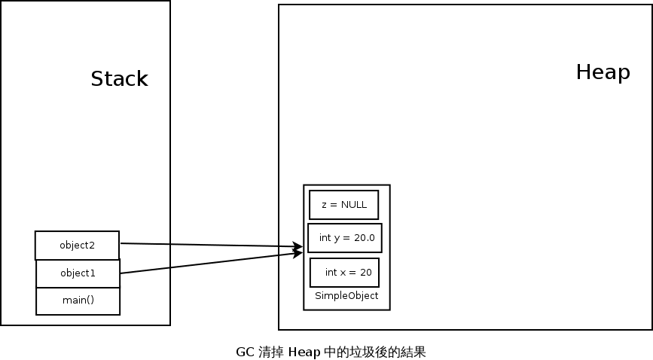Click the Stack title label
[x=119, y=79]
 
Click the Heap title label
[x=603, y=72]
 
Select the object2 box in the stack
[x=77, y=245]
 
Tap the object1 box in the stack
[x=78, y=273]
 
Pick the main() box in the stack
[x=78, y=301]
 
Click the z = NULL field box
[x=343, y=204]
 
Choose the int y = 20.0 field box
[x=345, y=238]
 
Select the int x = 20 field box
[x=344, y=272]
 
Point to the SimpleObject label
[x=346, y=296]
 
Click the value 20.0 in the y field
[x=363, y=238]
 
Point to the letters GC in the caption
[x=244, y=352]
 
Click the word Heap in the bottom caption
[x=304, y=352]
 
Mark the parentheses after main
[x=90, y=301]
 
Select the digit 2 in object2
[x=93, y=245]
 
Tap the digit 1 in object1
[x=93, y=273]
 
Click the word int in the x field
[x=331, y=272]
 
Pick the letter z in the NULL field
[x=324, y=205]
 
